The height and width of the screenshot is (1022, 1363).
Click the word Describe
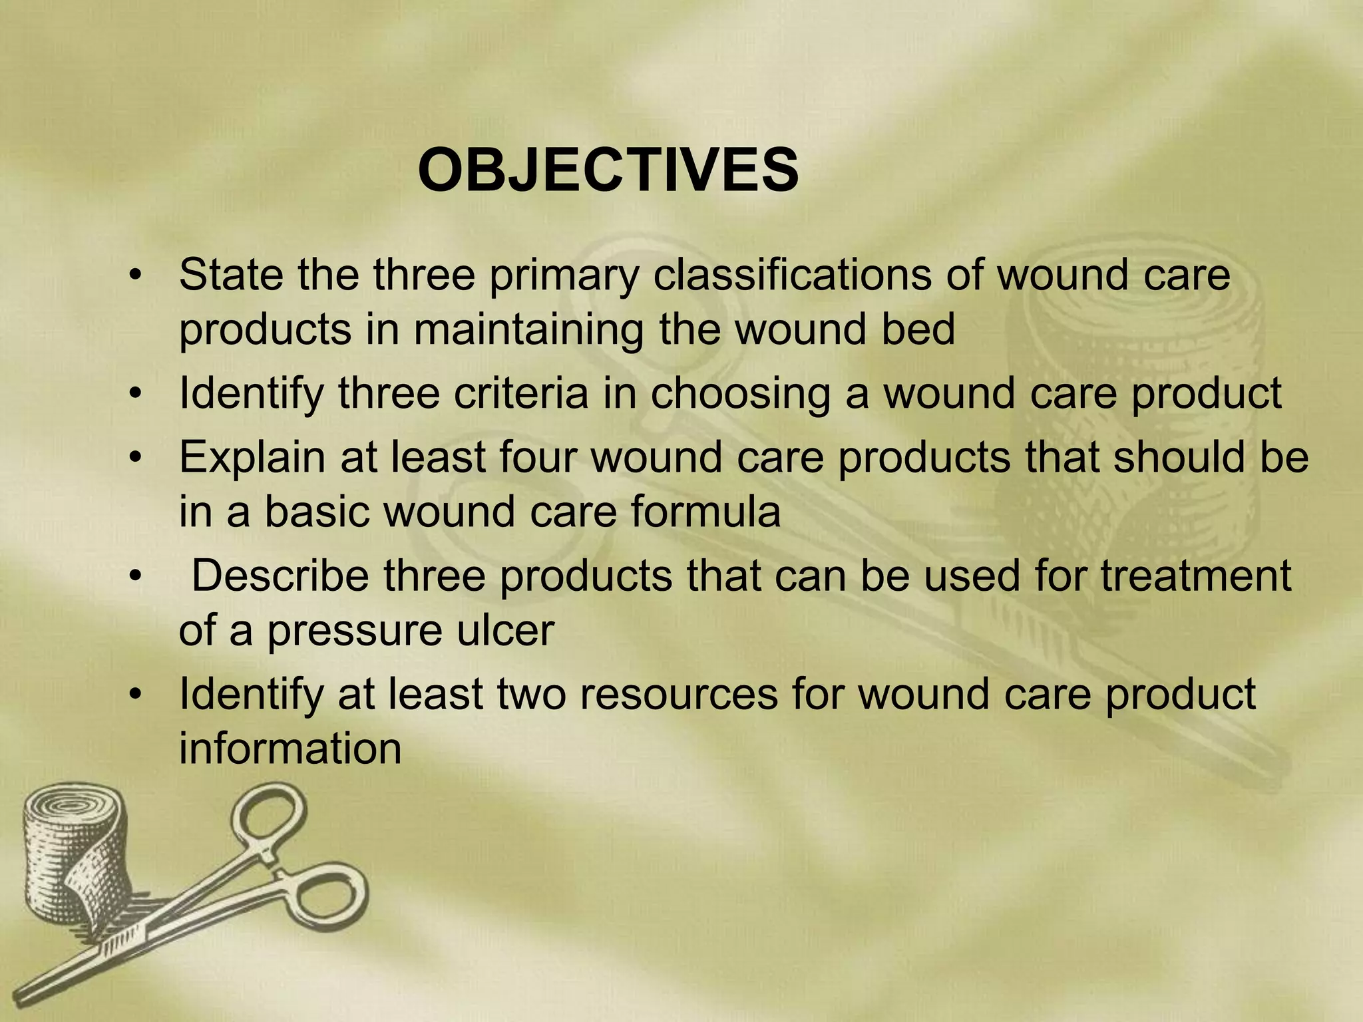pos(280,576)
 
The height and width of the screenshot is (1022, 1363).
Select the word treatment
pos(1195,576)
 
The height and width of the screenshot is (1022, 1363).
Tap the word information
pos(290,749)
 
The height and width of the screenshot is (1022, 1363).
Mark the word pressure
pos(354,630)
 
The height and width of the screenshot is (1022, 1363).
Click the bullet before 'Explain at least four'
pos(136,459)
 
